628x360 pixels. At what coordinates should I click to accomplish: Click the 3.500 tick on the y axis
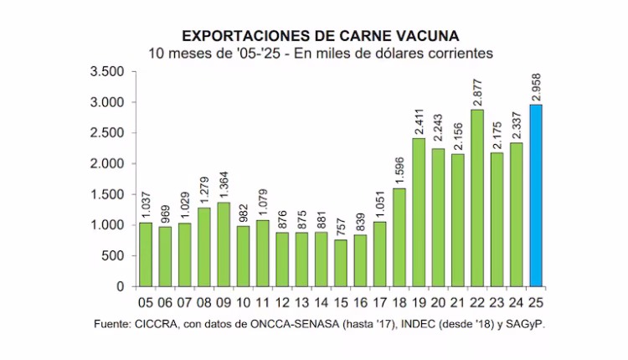[x=106, y=72]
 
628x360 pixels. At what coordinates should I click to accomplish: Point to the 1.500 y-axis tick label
[x=106, y=194]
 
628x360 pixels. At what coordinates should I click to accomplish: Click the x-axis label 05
[x=145, y=301]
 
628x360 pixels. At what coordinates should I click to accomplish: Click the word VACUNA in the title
[x=428, y=36]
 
